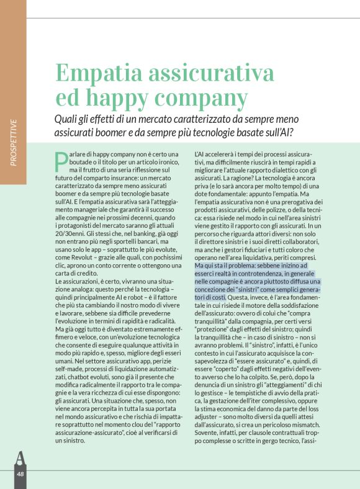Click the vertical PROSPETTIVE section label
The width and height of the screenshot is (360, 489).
(x=14, y=142)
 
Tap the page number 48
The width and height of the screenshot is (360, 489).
(x=20, y=473)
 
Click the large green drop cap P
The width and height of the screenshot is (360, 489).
(x=61, y=161)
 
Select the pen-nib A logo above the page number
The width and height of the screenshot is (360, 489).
(x=20, y=456)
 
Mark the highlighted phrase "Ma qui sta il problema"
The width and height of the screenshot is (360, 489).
(x=225, y=266)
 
